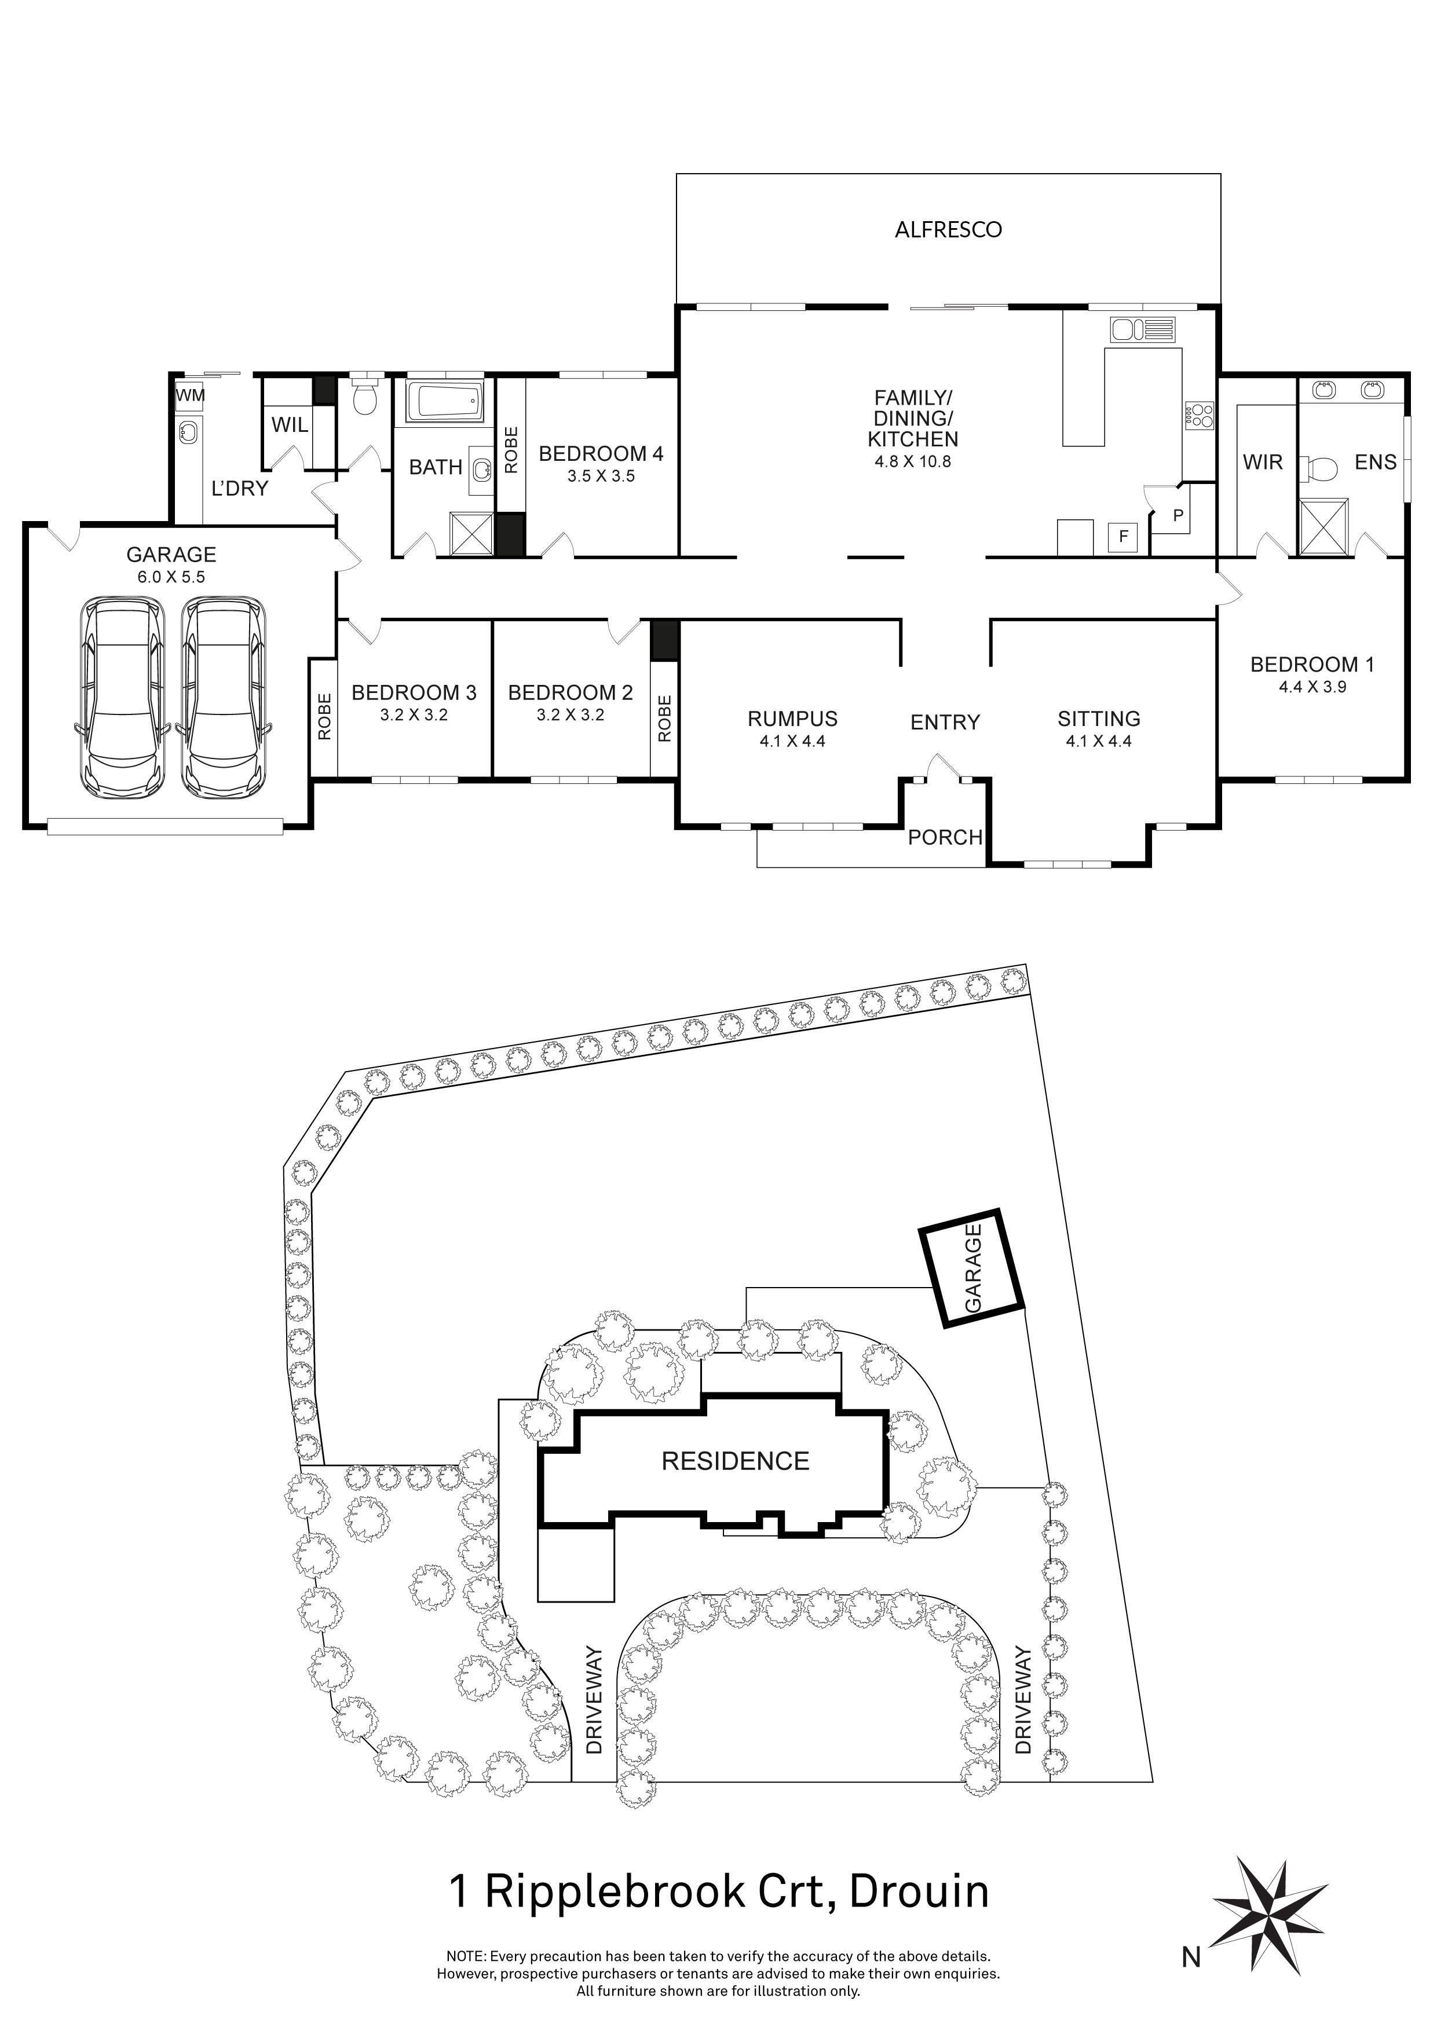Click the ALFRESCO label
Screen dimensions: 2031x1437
[948, 230]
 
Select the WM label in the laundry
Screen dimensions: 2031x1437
[189, 395]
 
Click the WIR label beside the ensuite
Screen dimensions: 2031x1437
[1262, 462]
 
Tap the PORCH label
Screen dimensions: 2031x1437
[945, 837]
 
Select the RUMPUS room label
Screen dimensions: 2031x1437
[792, 718]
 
